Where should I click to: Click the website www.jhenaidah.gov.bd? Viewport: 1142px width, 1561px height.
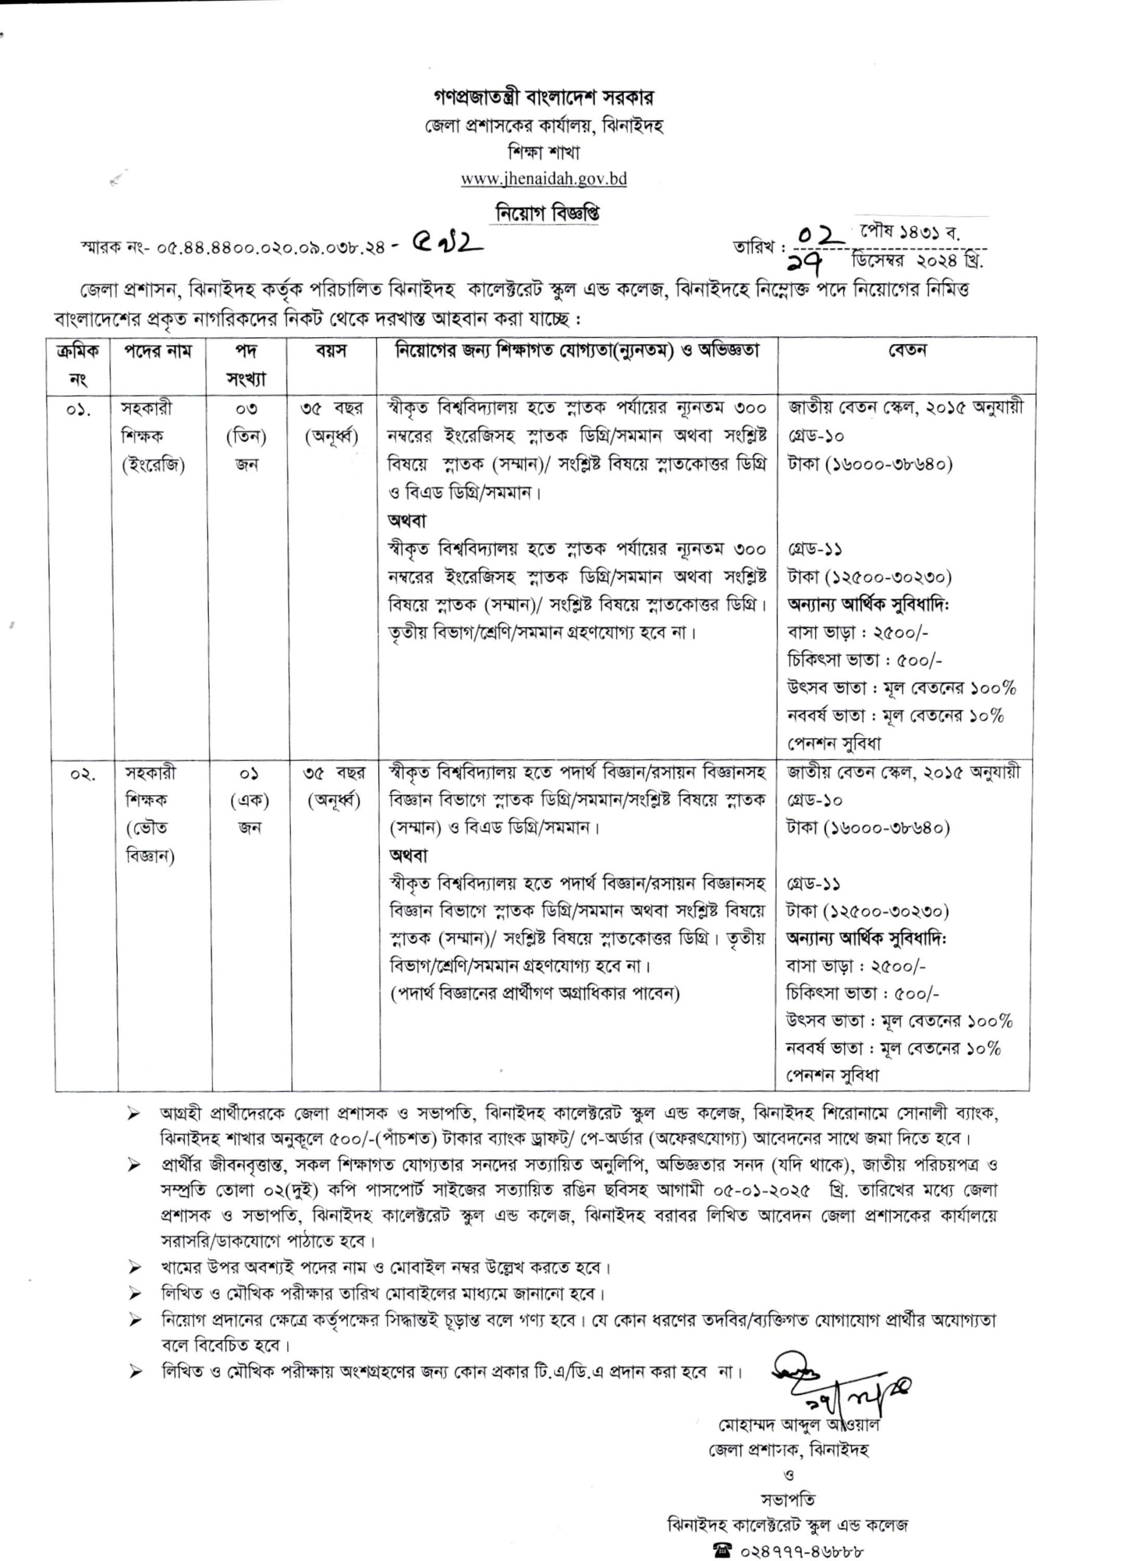(x=544, y=179)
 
